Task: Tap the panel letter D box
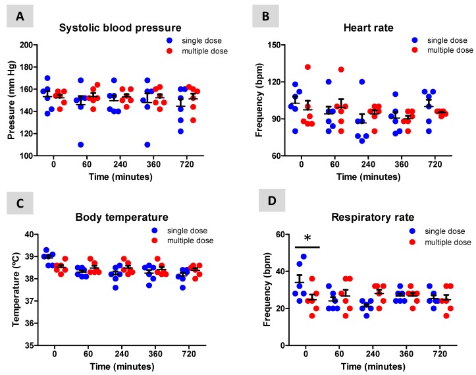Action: tap(259, 205)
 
